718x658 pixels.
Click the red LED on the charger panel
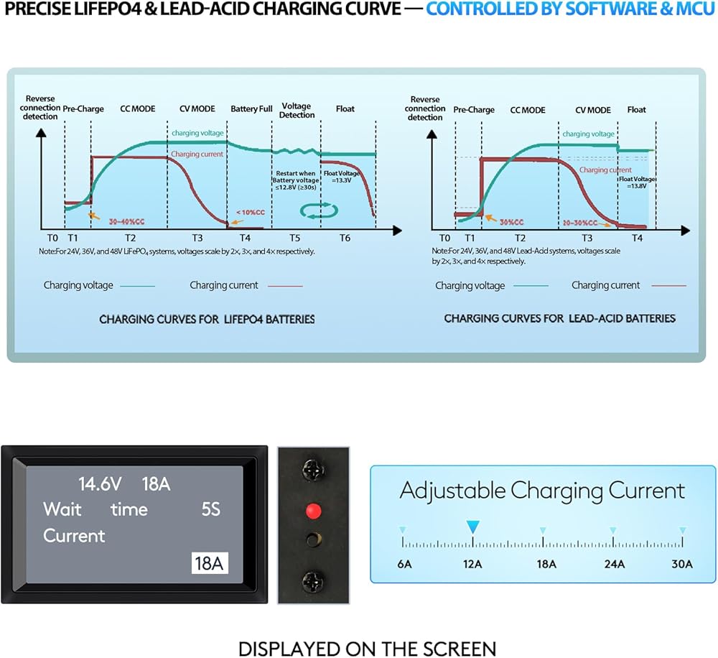pos(312,511)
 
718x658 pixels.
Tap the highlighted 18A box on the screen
pos(209,563)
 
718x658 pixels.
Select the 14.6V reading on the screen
pos(99,483)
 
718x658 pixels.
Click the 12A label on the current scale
pos(472,564)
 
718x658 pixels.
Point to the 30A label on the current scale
pos(681,564)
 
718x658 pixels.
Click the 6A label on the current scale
pos(404,564)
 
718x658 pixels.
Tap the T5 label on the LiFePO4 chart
pos(295,238)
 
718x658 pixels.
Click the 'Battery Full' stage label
pos(251,109)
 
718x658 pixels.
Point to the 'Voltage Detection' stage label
pos(297,111)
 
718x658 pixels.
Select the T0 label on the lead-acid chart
pos(444,238)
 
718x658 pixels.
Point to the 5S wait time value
pos(210,510)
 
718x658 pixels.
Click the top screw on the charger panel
pos(312,471)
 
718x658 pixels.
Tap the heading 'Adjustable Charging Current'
pos(542,491)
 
